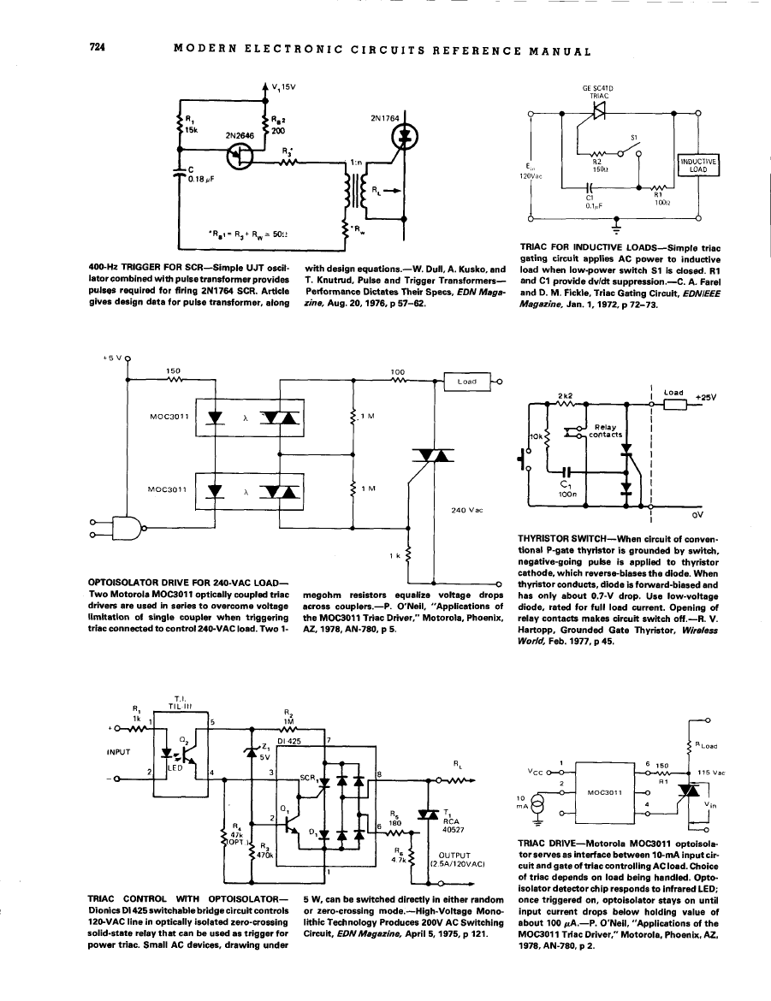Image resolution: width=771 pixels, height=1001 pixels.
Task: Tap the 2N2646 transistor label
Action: point(241,134)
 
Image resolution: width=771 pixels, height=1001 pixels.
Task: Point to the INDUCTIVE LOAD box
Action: point(699,164)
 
